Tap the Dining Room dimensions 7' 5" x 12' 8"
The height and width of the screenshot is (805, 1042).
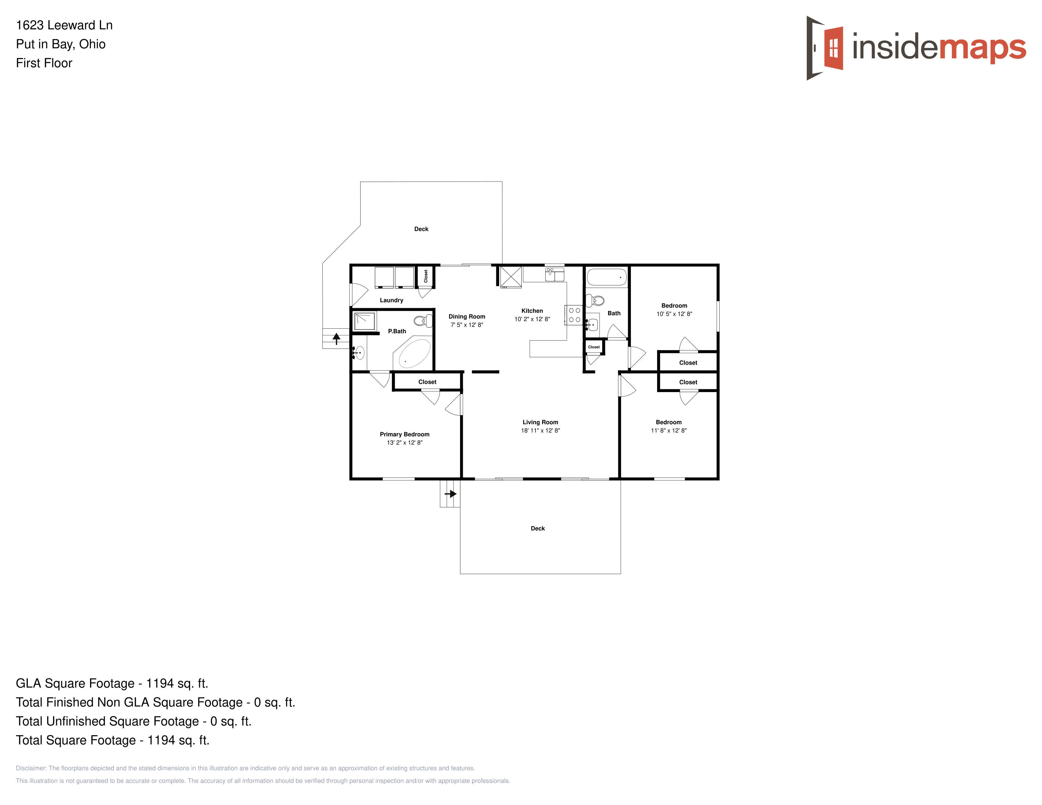[467, 325]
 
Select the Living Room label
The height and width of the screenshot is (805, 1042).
[540, 422]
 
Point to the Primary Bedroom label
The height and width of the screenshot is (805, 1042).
[404, 434]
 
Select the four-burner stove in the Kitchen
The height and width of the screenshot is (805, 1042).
[574, 315]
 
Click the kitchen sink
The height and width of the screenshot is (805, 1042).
[554, 275]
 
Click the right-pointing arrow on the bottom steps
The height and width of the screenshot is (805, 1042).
[451, 494]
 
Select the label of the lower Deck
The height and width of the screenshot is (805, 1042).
[538, 528]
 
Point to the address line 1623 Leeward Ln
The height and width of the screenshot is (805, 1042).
[64, 25]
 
